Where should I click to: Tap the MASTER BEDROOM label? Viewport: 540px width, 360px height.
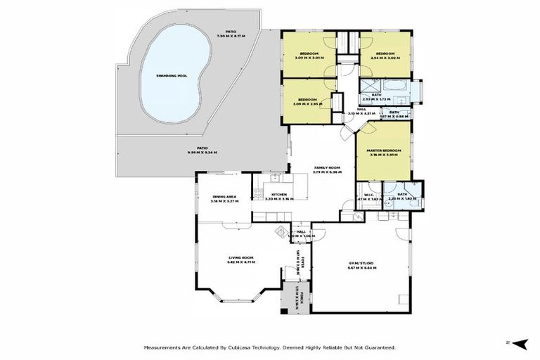pyautogui.click(x=383, y=150)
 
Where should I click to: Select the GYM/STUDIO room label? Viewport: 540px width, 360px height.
pyautogui.click(x=361, y=264)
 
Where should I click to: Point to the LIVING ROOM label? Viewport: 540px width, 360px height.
pyautogui.click(x=240, y=258)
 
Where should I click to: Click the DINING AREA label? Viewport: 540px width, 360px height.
pyautogui.click(x=223, y=197)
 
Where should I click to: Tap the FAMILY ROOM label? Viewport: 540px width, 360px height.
pyautogui.click(x=326, y=167)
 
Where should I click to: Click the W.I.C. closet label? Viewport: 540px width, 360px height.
pyautogui.click(x=368, y=195)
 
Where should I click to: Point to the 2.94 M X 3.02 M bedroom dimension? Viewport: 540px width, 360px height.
pyautogui.click(x=385, y=58)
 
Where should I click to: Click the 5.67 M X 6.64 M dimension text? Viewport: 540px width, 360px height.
pyautogui.click(x=361, y=269)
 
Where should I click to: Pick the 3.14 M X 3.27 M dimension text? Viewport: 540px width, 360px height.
pyautogui.click(x=223, y=202)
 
